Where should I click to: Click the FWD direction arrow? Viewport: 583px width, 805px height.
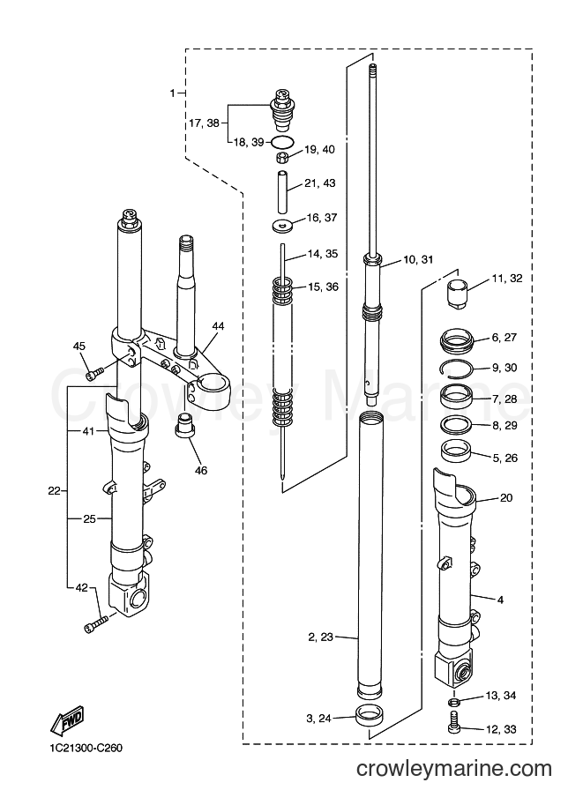[66, 719]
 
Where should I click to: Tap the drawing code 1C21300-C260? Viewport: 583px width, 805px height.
[83, 748]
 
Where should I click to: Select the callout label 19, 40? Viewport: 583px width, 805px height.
[319, 149]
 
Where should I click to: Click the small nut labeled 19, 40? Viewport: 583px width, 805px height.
[282, 157]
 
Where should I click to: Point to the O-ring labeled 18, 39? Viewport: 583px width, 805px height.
[281, 142]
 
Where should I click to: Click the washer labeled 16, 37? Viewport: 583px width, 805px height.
[281, 225]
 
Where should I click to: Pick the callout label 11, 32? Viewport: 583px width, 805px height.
[507, 279]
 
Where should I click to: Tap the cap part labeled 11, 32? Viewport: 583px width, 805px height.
[456, 294]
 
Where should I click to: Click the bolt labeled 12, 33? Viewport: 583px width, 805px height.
[453, 721]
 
